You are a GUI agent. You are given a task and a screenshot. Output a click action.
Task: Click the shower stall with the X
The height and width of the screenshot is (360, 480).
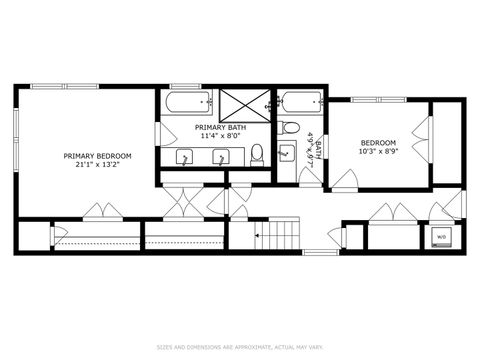244,103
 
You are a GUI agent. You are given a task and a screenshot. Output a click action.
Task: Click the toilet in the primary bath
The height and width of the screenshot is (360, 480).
258,154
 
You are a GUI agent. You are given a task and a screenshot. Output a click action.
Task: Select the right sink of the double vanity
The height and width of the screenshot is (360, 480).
221,157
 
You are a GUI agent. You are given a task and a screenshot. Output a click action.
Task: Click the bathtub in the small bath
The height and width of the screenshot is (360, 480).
300,102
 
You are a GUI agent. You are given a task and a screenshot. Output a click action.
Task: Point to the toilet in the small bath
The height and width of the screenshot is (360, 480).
289,127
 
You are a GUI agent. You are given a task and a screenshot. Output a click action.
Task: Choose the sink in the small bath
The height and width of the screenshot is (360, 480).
286,153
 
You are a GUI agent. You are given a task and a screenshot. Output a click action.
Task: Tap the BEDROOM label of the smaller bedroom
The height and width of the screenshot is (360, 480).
379,143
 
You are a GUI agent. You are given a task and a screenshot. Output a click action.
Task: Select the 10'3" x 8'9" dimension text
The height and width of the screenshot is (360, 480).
379,153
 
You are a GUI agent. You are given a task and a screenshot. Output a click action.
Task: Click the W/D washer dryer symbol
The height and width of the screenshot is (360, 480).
440,237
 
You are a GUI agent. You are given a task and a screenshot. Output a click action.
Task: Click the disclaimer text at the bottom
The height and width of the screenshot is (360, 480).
240,347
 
